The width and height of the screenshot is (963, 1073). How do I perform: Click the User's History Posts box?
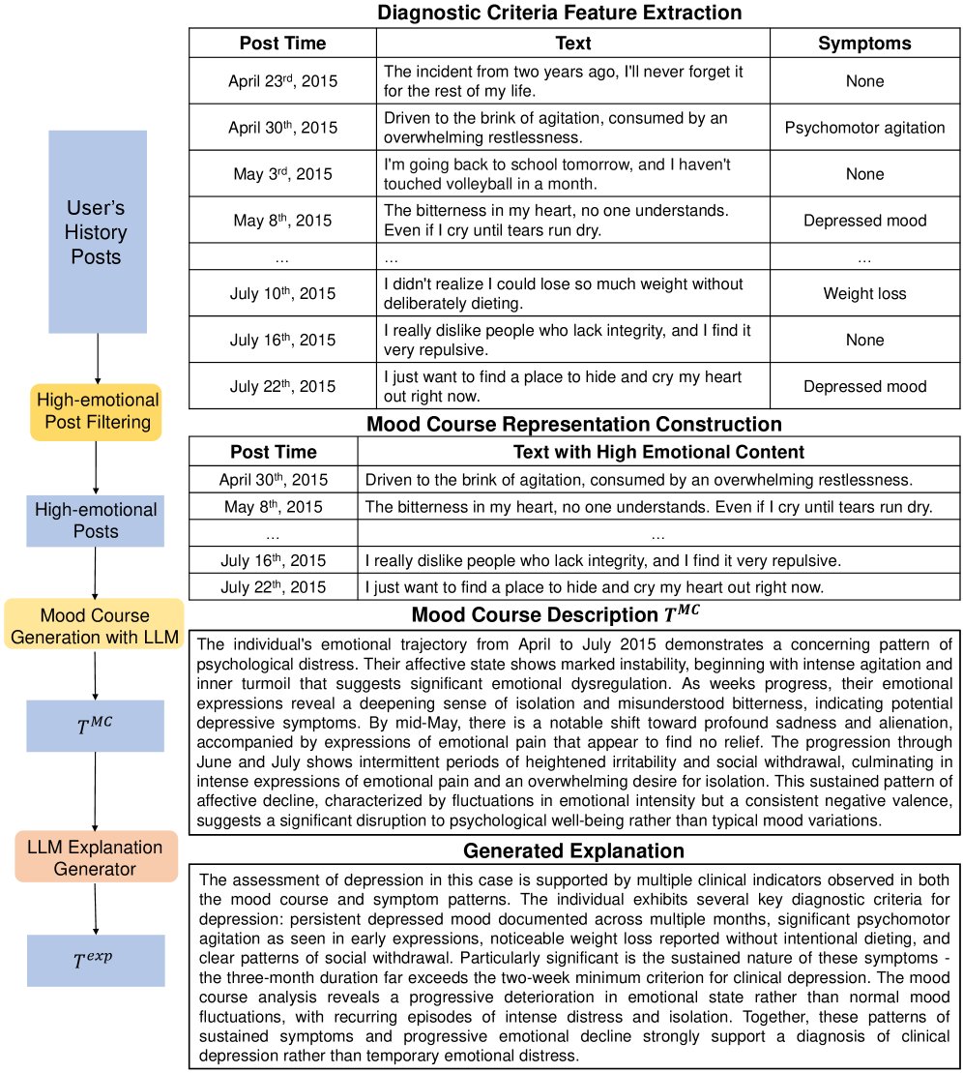[x=97, y=232]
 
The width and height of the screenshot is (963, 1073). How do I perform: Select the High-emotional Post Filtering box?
[x=96, y=411]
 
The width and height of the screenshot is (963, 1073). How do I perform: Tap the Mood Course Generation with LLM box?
[x=94, y=626]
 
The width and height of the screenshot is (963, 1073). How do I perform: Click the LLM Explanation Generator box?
[x=96, y=857]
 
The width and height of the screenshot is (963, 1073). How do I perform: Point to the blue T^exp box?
[x=96, y=960]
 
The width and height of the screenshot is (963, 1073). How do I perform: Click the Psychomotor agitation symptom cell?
[x=864, y=128]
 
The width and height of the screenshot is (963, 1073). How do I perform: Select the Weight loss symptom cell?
[x=864, y=293]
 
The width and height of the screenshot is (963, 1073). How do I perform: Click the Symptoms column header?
[x=864, y=44]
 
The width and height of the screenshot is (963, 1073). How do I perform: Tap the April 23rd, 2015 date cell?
[x=282, y=81]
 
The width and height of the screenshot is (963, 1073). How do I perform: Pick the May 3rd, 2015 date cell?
[x=282, y=174]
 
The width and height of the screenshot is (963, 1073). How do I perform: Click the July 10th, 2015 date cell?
[x=282, y=293]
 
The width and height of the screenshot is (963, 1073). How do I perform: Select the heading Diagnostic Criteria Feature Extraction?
[x=560, y=13]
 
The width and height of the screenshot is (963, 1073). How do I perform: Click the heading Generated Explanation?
[x=573, y=851]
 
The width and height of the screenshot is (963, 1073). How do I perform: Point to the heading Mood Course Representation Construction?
[x=573, y=424]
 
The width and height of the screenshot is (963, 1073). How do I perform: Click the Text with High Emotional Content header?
[x=658, y=451]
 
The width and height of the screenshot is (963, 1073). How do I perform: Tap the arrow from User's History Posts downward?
[x=98, y=358]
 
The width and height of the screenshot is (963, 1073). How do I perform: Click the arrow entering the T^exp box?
[x=96, y=909]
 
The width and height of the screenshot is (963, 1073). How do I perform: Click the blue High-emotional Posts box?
[x=96, y=521]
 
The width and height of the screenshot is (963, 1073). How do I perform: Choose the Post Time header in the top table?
[x=282, y=44]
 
